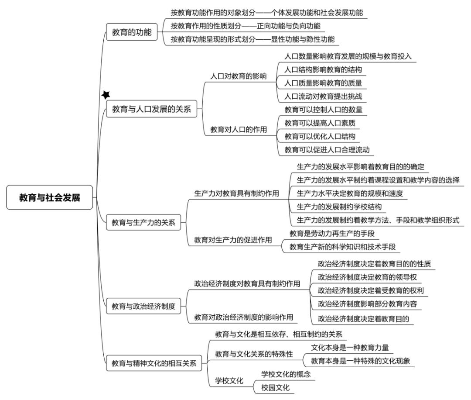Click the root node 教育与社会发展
pyautogui.click(x=50, y=197)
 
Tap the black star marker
pyautogui.click(x=106, y=95)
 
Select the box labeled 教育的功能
pyautogui.click(x=132, y=32)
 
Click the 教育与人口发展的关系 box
pyautogui.click(x=151, y=109)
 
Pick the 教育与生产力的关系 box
pyautogui.click(x=143, y=223)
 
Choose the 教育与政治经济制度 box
pyautogui.click(x=143, y=306)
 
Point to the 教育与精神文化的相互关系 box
pyautogui.click(x=154, y=363)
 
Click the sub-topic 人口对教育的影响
pyautogui.click(x=239, y=76)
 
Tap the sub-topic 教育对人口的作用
pyautogui.click(x=239, y=130)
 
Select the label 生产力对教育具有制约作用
pyautogui.click(x=237, y=193)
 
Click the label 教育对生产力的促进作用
pyautogui.click(x=233, y=240)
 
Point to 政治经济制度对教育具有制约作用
pyautogui.click(x=247, y=283)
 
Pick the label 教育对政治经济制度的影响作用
pyautogui.click(x=244, y=317)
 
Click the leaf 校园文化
pyautogui.click(x=276, y=388)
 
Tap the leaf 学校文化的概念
pyautogui.click(x=286, y=374)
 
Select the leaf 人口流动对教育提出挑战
pyautogui.click(x=323, y=96)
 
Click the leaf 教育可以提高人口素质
pyautogui.click(x=320, y=123)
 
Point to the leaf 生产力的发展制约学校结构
pyautogui.click(x=339, y=207)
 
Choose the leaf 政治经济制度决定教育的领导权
pyautogui.click(x=367, y=277)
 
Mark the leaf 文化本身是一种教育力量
pyautogui.click(x=350, y=348)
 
